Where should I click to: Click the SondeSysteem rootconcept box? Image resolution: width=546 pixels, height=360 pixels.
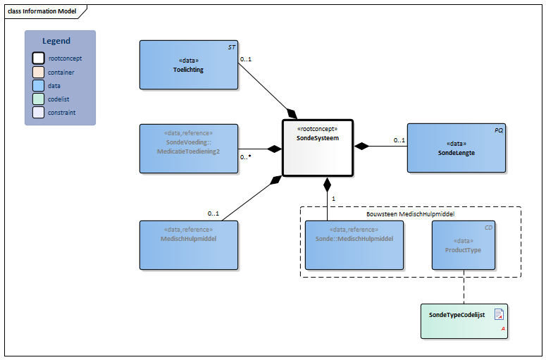[x=317, y=147]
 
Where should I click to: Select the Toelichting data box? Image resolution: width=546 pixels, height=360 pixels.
[x=188, y=64]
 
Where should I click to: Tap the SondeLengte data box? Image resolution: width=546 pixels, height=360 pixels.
[x=456, y=148]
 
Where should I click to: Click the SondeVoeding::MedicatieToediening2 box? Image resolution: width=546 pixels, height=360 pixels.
[x=188, y=148]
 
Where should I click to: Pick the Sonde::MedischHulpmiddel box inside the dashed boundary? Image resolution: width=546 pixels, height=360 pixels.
[x=354, y=244]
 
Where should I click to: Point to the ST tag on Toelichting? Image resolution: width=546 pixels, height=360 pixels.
[x=232, y=46]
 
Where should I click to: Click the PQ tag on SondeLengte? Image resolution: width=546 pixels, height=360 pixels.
[x=499, y=130]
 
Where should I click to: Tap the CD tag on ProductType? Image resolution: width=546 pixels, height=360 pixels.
[x=488, y=228]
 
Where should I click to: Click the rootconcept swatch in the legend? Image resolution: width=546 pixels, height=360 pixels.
[x=38, y=58]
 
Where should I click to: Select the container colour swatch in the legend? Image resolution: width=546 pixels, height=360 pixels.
[x=38, y=72]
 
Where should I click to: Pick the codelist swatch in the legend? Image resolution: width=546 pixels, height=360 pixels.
[x=38, y=99]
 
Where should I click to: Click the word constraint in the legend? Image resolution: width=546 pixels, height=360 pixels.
[x=61, y=112]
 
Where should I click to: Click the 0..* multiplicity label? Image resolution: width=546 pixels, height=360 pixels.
[x=246, y=157]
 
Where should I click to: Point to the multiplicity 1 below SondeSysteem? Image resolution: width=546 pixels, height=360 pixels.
[x=333, y=199]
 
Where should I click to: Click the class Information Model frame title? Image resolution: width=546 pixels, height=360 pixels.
[x=42, y=11]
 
